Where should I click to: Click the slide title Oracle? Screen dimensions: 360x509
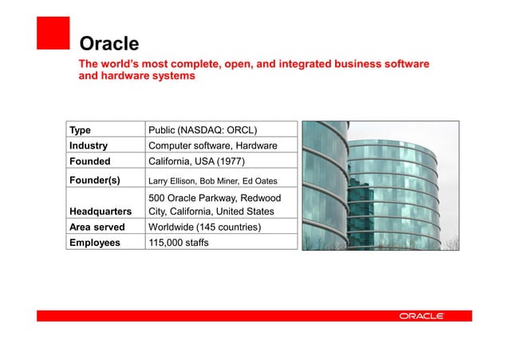pos(109,43)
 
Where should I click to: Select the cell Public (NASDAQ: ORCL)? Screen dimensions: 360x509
pos(203,130)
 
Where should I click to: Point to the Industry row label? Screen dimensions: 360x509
pos(89,146)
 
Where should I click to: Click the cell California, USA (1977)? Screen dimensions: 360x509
pos(196,161)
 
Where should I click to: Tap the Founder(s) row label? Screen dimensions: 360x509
pos(94,180)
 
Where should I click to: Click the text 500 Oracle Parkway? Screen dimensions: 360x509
pos(189,197)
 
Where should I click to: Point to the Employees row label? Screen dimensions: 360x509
pos(94,243)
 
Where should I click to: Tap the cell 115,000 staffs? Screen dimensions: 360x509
pos(179,243)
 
